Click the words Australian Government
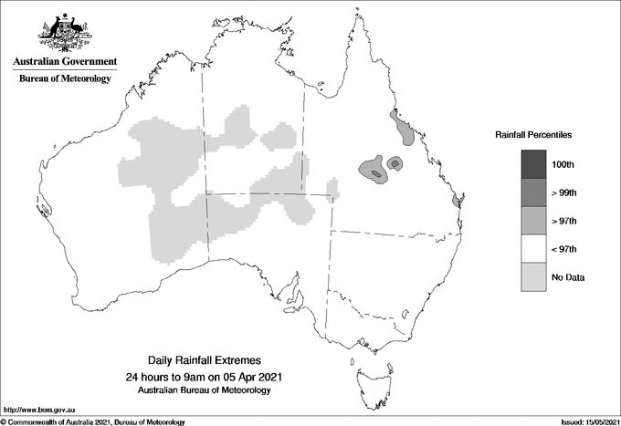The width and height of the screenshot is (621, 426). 65,62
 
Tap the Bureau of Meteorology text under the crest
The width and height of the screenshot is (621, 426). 65,79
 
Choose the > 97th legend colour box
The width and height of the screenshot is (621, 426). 532,220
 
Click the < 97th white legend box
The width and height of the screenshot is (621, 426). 532,248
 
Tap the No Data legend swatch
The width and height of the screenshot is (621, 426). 532,276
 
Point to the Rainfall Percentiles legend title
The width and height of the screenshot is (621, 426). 533,134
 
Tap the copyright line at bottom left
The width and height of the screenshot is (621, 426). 93,421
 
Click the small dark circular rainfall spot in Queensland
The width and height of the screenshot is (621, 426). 395,162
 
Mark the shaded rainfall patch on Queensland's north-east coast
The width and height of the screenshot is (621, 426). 401,130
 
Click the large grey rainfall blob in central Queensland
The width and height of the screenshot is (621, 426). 373,170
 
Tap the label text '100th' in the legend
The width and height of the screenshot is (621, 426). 563,164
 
